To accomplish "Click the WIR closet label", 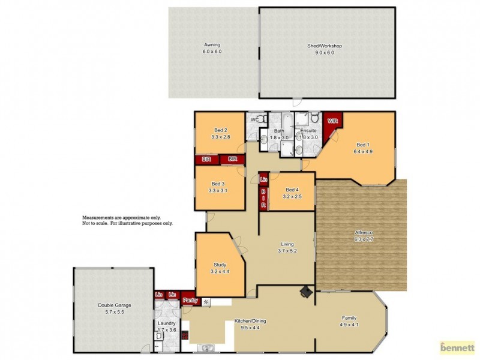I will (332, 121).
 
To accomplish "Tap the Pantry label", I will (190, 300).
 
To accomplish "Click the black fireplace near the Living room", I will (307, 292).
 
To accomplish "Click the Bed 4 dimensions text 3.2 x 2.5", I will (292, 196).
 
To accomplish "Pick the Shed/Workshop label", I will (324, 45).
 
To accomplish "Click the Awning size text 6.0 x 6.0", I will (212, 52).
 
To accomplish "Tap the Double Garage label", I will (115, 305).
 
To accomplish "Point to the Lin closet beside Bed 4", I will (263, 179).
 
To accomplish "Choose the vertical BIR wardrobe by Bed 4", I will (263, 198).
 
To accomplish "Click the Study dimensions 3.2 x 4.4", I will (220, 271).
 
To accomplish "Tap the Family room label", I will (349, 318).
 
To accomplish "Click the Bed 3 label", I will (218, 184).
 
